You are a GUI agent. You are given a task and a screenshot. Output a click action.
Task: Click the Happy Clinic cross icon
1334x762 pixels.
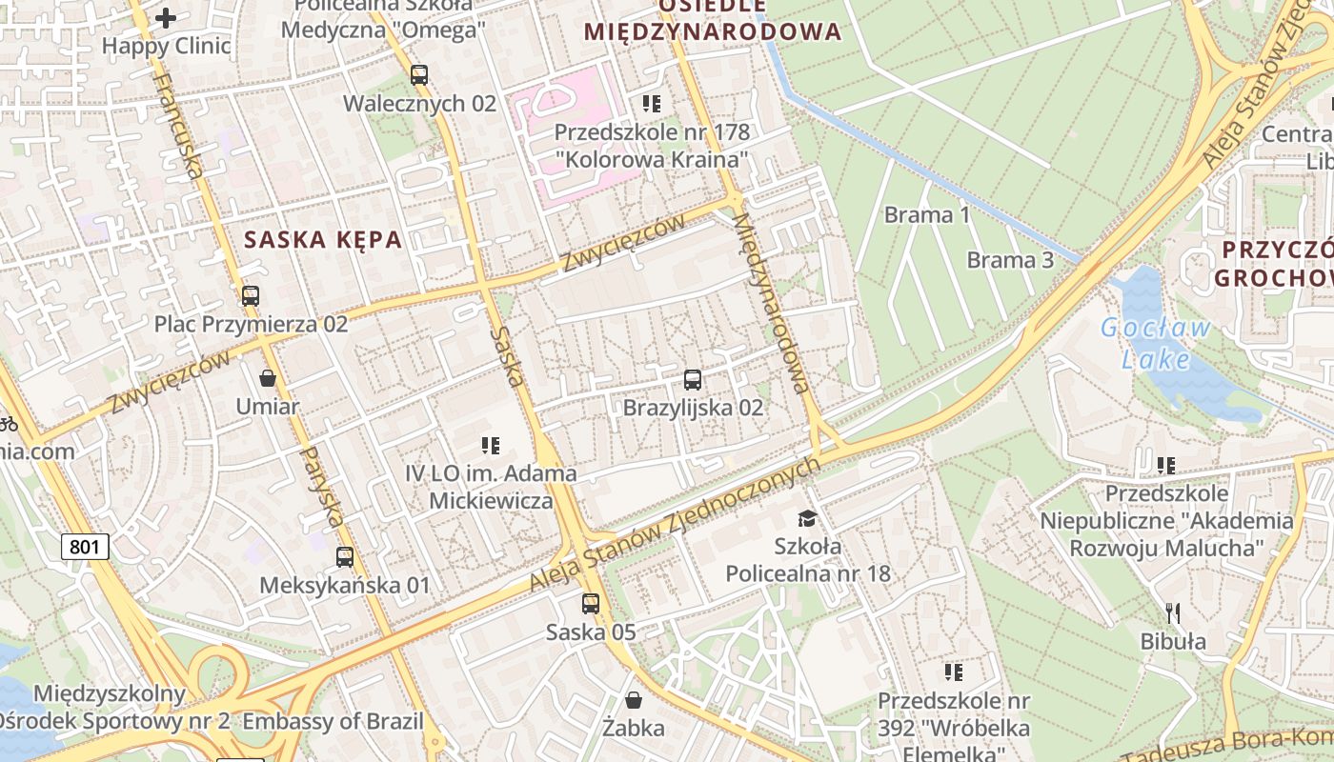[166, 18]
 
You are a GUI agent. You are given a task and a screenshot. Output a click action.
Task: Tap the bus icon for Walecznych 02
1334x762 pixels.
[419, 74]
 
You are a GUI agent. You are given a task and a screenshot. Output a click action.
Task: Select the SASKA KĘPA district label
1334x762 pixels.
[323, 239]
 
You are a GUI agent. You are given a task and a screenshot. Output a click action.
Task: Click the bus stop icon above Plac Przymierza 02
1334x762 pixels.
[251, 295]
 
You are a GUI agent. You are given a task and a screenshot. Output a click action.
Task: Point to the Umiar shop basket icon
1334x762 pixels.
[268, 378]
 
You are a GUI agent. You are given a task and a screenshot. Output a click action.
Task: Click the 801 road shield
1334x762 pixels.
[86, 547]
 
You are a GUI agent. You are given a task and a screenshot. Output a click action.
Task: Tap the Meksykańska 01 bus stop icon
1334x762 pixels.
[345, 557]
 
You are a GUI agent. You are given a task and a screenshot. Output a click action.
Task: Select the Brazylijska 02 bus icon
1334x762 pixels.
[693, 380]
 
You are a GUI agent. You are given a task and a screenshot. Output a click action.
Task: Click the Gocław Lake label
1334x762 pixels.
[1156, 343]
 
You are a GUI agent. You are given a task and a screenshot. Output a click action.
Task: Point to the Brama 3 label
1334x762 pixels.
[1010, 260]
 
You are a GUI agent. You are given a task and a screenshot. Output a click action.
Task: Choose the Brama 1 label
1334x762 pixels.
[927, 214]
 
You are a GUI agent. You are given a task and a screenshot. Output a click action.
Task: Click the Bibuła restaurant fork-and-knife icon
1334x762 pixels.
[1173, 612]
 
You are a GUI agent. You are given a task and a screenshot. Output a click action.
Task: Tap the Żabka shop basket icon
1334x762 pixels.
[634, 701]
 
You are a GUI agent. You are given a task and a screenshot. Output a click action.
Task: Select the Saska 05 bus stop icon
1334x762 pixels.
[591, 603]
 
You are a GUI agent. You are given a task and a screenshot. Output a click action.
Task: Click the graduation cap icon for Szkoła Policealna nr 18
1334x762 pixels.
[808, 518]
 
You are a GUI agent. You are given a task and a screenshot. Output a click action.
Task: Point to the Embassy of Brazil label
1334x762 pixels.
[333, 721]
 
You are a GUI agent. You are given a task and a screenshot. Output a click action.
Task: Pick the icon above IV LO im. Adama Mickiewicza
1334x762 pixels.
[491, 445]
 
